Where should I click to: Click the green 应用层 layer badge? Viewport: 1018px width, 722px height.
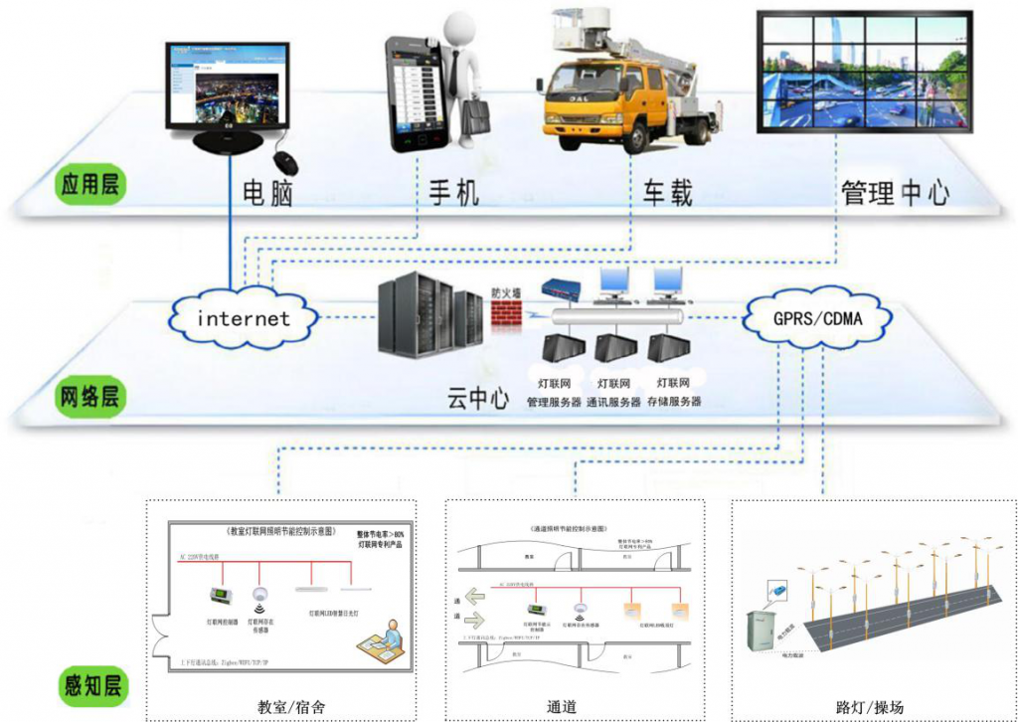88,186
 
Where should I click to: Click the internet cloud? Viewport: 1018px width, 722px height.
244,318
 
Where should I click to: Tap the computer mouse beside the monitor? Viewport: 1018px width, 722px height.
286,161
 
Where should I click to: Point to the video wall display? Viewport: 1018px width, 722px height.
863,73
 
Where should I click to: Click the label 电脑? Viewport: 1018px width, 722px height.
267,191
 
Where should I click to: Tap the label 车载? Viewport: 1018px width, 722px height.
666,191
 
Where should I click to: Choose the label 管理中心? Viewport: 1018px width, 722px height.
894,191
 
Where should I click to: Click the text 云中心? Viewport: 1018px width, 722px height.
477,400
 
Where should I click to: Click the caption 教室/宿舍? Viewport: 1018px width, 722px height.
290,708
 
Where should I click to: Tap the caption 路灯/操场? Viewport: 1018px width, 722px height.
870,708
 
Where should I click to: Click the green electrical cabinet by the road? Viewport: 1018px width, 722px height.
767,631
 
